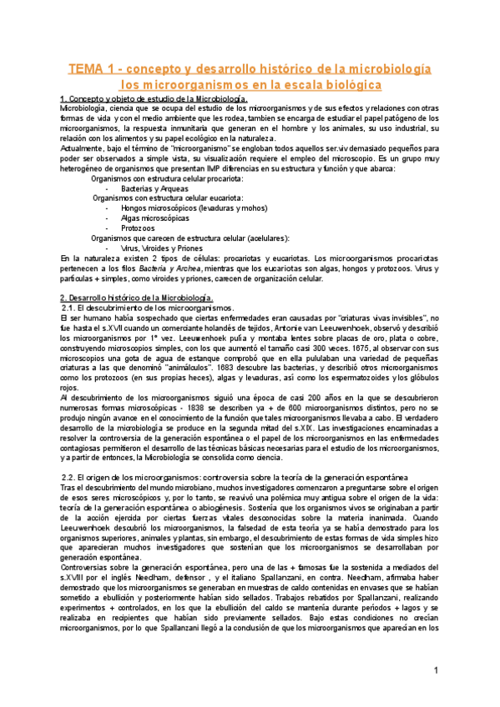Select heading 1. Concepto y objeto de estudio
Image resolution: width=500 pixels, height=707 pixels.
coord(154,99)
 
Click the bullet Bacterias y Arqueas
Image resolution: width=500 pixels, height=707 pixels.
coord(156,188)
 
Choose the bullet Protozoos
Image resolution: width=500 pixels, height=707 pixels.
coord(138,228)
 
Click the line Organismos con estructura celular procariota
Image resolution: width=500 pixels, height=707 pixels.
coord(167,178)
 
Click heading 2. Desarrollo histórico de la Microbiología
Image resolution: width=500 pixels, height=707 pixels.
coord(138,298)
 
